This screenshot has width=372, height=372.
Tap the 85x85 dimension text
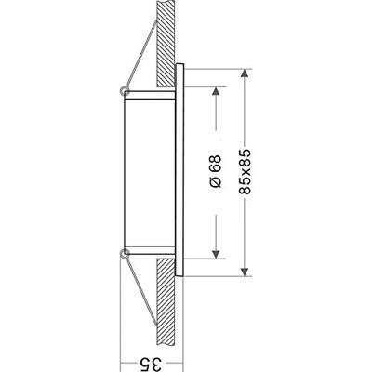click(x=244, y=173)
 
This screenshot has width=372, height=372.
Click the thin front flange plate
click(x=183, y=171)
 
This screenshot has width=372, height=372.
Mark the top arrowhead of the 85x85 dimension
click(x=244, y=73)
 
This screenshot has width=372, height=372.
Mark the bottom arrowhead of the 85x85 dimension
click(x=244, y=271)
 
